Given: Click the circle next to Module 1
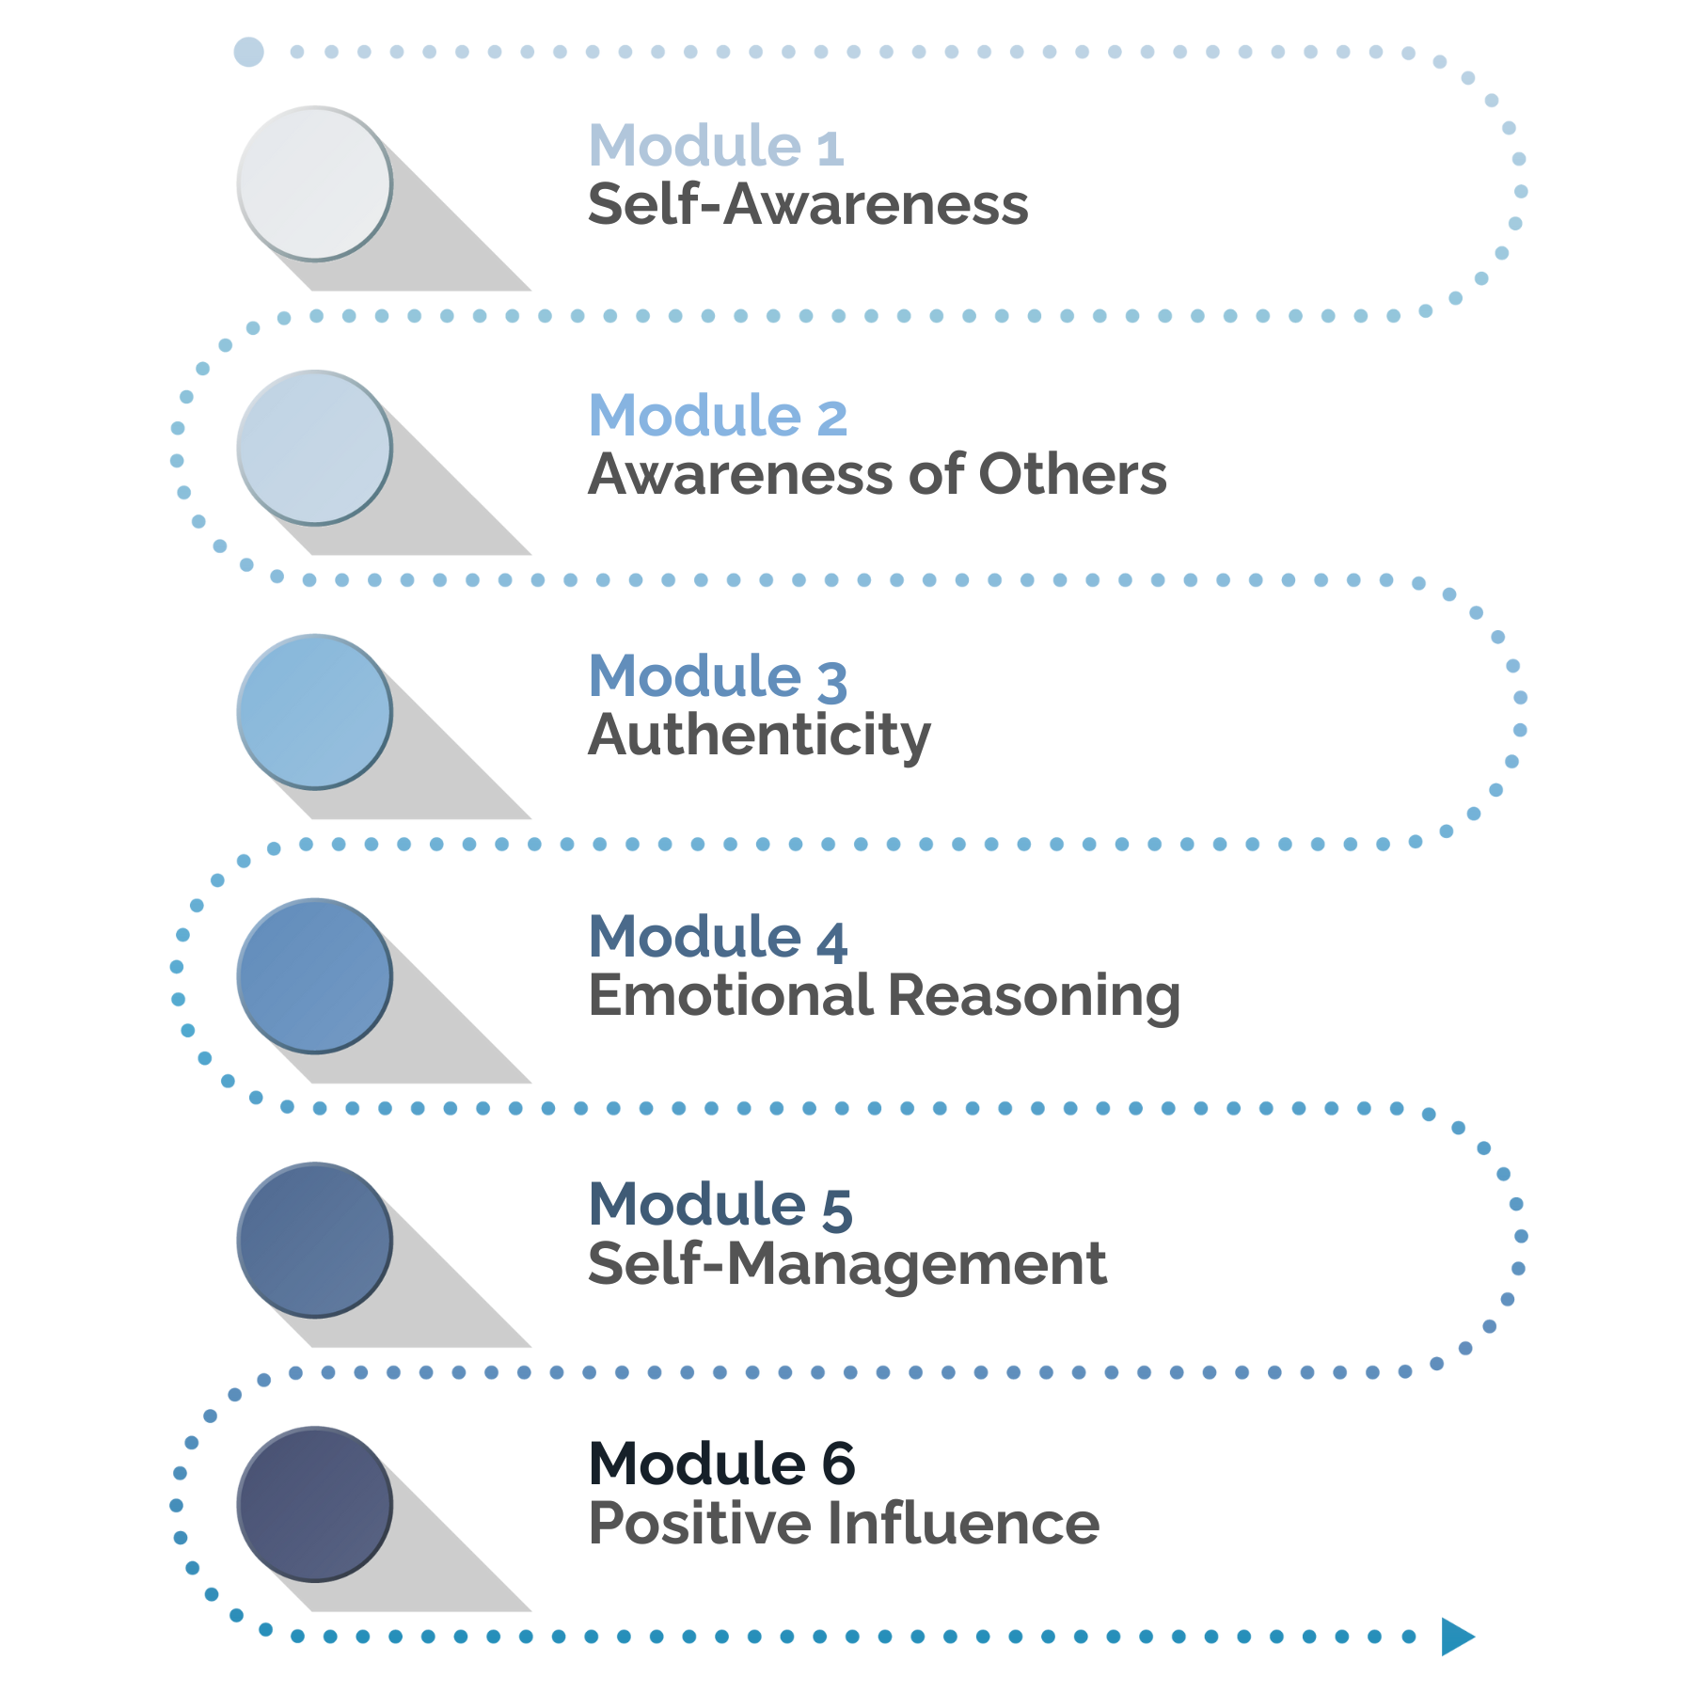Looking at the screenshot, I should coord(314,183).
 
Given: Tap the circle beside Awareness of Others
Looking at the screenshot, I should coord(314,448).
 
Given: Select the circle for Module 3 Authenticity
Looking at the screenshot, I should coord(314,712).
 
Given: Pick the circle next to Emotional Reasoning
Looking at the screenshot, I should coord(314,976).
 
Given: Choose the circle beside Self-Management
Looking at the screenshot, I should coord(314,1241).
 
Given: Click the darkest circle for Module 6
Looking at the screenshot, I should coord(314,1505).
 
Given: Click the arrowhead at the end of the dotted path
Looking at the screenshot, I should coord(1456,1637).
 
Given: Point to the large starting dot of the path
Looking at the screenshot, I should coord(248,52).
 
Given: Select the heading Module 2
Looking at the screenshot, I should coord(718,416).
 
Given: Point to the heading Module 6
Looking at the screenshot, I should coord(721,1464).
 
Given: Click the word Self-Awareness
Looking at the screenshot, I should coord(808,204).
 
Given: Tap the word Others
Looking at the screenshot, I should coord(1072,474).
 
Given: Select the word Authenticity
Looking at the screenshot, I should coord(759,735).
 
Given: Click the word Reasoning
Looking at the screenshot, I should coord(1034,997).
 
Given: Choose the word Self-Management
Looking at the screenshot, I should coord(846,1263).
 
